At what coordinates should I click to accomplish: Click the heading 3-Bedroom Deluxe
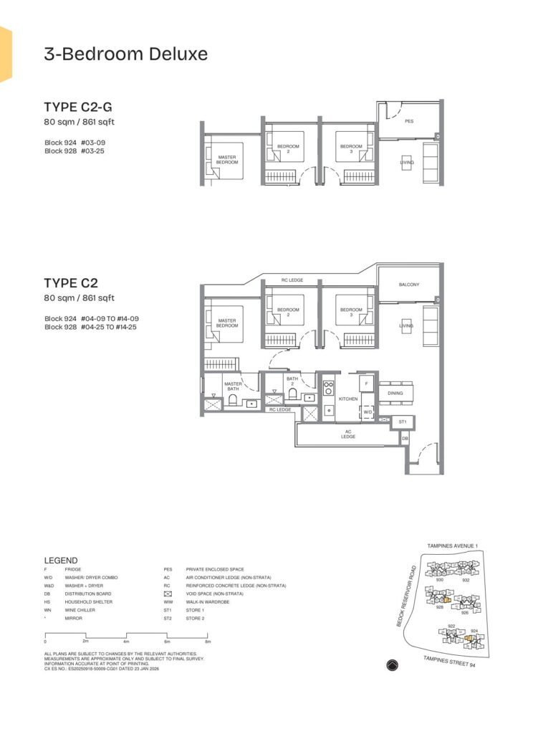click(x=125, y=54)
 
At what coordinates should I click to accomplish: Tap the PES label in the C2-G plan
click(x=409, y=121)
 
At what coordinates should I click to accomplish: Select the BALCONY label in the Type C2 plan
click(x=409, y=285)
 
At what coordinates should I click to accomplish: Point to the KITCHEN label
click(x=348, y=399)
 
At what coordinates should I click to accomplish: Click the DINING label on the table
click(x=395, y=393)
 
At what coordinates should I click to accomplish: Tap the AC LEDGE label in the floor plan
click(x=348, y=434)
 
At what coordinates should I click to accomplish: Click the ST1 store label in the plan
click(x=403, y=422)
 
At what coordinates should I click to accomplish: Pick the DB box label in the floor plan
click(x=405, y=438)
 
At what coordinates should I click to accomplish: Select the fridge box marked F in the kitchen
click(x=366, y=384)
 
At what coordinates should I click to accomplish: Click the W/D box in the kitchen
click(x=367, y=412)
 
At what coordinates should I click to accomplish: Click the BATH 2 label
click(x=292, y=380)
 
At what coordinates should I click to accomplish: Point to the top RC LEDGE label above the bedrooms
click(x=274, y=280)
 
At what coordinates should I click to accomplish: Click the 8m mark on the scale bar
click(x=208, y=642)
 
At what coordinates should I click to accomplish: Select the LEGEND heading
click(x=61, y=560)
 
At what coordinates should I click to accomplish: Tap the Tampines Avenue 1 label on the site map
click(x=452, y=545)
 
